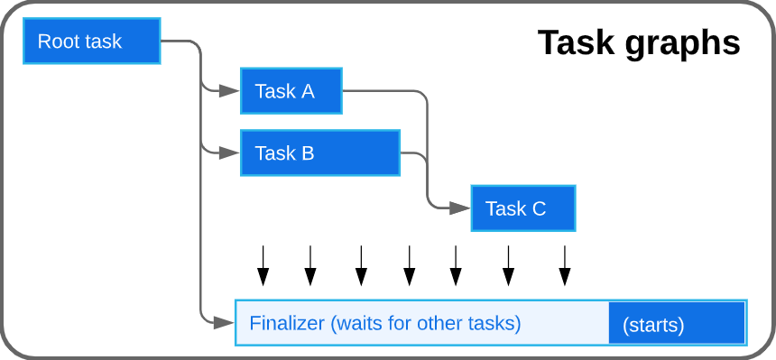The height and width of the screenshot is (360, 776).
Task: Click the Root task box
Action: tap(91, 42)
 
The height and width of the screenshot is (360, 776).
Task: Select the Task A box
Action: tap(291, 90)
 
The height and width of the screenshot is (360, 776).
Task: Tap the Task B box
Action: tap(319, 152)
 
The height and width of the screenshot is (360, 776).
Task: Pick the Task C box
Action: tap(522, 208)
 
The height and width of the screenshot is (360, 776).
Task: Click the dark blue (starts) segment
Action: tap(676, 323)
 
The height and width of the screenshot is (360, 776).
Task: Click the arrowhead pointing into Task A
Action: tap(231, 90)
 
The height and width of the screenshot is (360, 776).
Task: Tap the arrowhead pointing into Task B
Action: tap(231, 152)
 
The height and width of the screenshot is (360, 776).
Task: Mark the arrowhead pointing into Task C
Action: tap(462, 208)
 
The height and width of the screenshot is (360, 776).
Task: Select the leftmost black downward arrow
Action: tap(263, 265)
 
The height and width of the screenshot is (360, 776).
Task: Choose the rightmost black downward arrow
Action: tap(565, 265)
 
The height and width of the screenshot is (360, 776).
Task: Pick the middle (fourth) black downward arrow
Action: tap(409, 265)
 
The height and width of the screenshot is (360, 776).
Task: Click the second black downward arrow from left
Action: tap(310, 265)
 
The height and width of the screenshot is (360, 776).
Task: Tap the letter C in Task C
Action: tap(539, 208)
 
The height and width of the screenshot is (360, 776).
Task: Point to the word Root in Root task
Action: tap(57, 42)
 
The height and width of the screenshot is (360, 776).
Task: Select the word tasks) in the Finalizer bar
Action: tap(494, 323)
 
